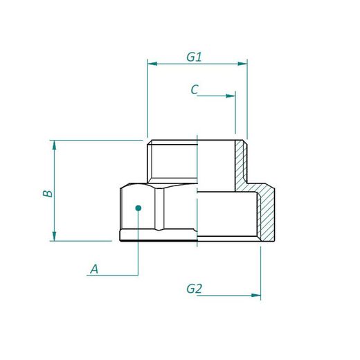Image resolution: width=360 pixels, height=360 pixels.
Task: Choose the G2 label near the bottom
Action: coord(194,289)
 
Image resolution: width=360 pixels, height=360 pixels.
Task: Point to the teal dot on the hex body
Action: coord(138,207)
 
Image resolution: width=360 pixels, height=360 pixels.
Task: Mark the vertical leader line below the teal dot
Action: coord(138,242)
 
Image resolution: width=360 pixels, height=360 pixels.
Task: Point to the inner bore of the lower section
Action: coord(228,215)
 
